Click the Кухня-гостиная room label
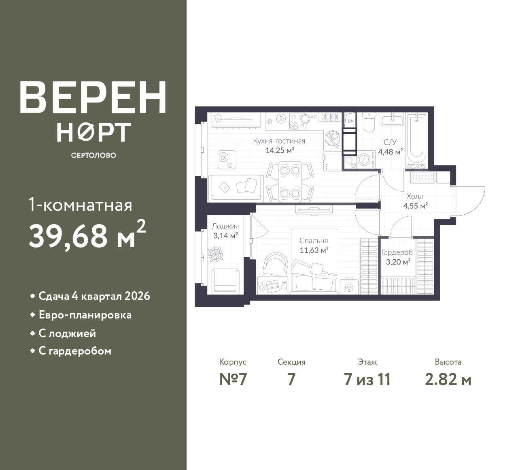click(279, 141)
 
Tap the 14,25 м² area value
click(280, 150)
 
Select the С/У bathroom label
click(390, 142)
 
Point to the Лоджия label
click(225, 226)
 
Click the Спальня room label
click(314, 241)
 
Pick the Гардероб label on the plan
click(397, 252)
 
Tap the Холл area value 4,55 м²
click(416, 206)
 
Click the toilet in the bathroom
click(369, 122)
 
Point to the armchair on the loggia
click(225, 281)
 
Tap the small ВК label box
click(350, 121)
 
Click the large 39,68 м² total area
click(87, 235)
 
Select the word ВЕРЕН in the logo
click(93, 97)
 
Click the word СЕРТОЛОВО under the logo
click(93, 155)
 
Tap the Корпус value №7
click(233, 380)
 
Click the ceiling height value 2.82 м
click(448, 380)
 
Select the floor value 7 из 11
click(367, 380)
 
